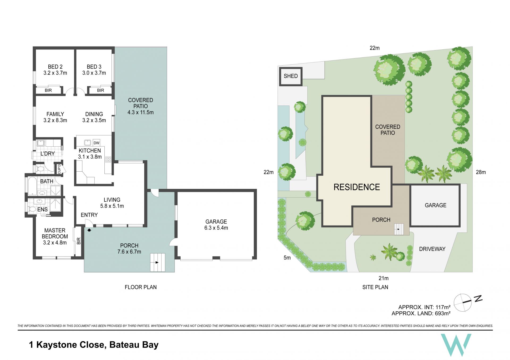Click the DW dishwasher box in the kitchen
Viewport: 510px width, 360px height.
[96, 143]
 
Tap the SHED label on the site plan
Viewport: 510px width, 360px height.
[291, 76]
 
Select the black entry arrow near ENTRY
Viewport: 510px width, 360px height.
[89, 230]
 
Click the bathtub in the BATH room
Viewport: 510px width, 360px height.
[32, 186]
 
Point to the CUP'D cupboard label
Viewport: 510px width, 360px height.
[59, 169]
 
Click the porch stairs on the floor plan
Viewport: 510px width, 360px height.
[158, 262]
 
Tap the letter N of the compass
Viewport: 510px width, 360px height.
[478, 299]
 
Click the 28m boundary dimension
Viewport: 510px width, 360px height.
[481, 172]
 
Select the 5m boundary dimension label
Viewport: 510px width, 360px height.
[287, 258]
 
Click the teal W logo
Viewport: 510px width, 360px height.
[456, 345]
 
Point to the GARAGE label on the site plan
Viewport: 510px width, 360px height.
[435, 205]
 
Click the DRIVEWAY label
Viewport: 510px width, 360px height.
[432, 249]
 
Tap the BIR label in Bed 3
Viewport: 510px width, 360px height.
[101, 90]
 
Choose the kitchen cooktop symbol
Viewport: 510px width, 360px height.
[108, 159]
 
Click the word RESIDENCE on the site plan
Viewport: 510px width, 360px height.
[357, 187]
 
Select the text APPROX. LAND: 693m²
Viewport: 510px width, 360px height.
[421, 314]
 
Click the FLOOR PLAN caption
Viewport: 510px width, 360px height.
[141, 287]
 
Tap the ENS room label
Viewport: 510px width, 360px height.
[42, 209]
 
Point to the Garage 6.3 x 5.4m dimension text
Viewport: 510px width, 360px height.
[216, 228]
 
